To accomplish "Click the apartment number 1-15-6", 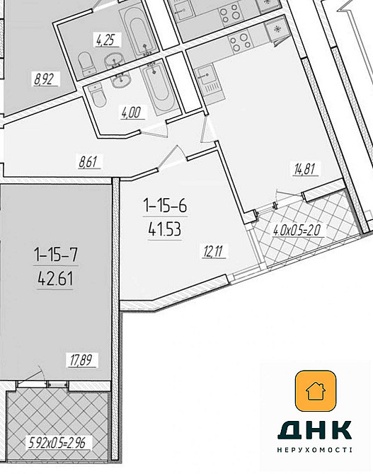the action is point(165,206).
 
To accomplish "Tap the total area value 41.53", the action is point(165,230).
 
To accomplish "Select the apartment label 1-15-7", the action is point(56,254).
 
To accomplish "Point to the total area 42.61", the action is point(56,279).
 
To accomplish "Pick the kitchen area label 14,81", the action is point(306,168).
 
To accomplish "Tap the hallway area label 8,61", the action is point(88,162).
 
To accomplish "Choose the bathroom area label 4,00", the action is point(131,112).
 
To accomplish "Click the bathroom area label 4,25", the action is point(106,40).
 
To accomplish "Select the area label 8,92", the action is point(45,79).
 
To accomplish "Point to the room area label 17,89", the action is point(81,360).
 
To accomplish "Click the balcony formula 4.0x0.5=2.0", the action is point(297,231).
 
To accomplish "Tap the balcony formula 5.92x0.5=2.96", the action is point(57,443).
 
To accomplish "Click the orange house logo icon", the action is point(316,391).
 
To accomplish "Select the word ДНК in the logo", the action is point(315,430).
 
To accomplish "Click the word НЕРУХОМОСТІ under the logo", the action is point(315,450).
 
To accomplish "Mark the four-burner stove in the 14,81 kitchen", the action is point(240,42).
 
